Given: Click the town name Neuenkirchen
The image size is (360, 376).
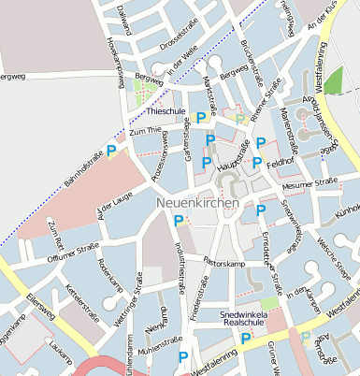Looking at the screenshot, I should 197,202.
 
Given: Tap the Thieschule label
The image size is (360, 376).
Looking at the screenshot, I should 168,111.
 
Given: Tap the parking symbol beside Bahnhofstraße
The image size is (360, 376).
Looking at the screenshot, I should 112,150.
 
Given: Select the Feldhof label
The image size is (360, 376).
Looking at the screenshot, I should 281,163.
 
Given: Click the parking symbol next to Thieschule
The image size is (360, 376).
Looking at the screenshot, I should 201,118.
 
